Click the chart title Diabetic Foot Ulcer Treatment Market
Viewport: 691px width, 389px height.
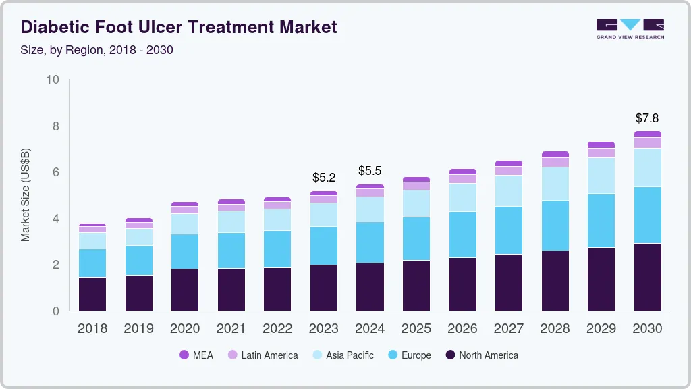pyautogui.click(x=179, y=28)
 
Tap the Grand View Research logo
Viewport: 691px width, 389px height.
pyautogui.click(x=630, y=29)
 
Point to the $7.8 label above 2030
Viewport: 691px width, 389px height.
pyautogui.click(x=647, y=118)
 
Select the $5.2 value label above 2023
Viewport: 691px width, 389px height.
pyautogui.click(x=324, y=178)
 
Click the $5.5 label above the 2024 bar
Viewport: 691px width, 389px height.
pyautogui.click(x=370, y=171)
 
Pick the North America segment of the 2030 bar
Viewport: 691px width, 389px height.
pyautogui.click(x=647, y=277)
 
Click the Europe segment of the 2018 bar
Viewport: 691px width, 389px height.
pyautogui.click(x=92, y=263)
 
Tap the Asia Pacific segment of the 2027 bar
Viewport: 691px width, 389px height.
pyautogui.click(x=509, y=190)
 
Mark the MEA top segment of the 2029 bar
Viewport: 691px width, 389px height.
pyautogui.click(x=601, y=145)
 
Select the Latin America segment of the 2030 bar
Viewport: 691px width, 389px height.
pyautogui.click(x=647, y=142)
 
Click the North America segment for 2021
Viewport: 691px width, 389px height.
pyautogui.click(x=231, y=289)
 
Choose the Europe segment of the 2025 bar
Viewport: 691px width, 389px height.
pyautogui.click(x=416, y=238)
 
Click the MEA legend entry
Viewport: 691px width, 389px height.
pyautogui.click(x=196, y=355)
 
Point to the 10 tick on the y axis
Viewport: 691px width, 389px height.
pyautogui.click(x=53, y=80)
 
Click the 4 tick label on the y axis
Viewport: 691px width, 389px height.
pyautogui.click(x=56, y=219)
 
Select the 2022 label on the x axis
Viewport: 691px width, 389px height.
pyautogui.click(x=277, y=328)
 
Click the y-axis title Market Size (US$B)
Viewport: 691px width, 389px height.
pyautogui.click(x=25, y=195)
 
